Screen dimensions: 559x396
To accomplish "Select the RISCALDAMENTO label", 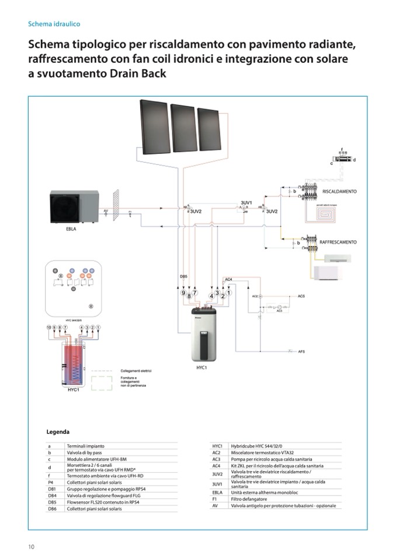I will point(339,191).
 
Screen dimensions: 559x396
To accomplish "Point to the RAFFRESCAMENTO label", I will point(338,242).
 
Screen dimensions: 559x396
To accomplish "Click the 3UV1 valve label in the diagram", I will point(246,203).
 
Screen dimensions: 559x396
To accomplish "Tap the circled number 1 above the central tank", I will point(230,293).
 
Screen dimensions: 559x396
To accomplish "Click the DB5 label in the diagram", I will point(183,276).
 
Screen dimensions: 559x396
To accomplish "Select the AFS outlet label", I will point(301,352).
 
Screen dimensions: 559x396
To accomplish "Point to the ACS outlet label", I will point(301,297).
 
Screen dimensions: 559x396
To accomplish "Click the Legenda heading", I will point(58,432).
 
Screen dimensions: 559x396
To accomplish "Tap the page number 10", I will point(31,546).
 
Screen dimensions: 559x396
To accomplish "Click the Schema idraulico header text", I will point(54,24).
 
